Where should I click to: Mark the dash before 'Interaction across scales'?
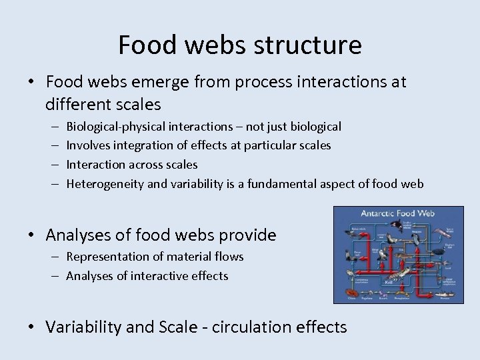click(53, 165)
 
